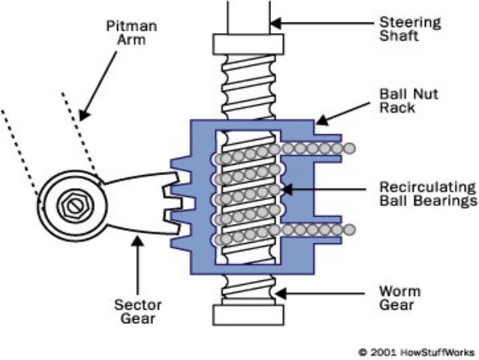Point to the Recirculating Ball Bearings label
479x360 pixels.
(425, 193)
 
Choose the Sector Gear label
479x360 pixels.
(132, 313)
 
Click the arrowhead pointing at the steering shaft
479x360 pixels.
(276, 23)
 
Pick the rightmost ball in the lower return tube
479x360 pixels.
(349, 228)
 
